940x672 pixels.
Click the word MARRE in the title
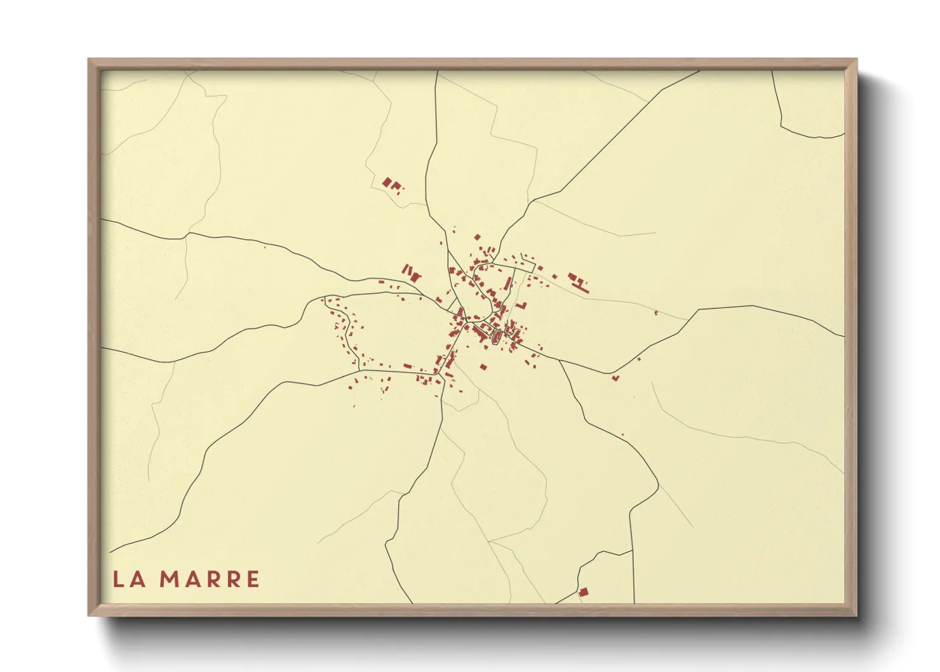[209, 579]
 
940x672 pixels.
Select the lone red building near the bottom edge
[583, 592]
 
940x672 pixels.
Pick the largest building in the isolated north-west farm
[387, 182]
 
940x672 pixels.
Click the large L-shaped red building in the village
[522, 306]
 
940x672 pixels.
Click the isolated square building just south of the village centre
[483, 367]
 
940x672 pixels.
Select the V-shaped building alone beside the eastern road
[615, 378]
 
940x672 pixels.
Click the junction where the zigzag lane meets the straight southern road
[632, 551]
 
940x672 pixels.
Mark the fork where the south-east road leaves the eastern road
[559, 361]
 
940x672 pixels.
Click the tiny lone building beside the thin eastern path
[656, 312]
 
